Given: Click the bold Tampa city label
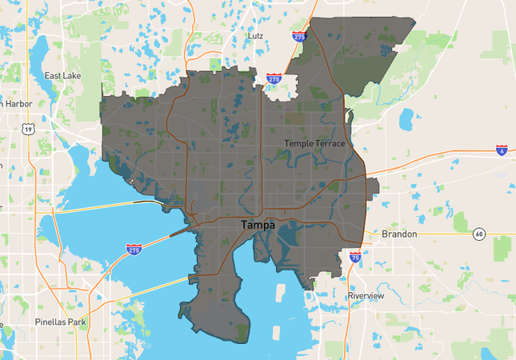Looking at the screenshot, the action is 258,226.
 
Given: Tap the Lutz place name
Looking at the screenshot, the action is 255,37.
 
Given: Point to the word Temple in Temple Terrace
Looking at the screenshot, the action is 300,143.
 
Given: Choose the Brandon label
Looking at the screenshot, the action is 399,234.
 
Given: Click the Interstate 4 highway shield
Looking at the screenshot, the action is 501,150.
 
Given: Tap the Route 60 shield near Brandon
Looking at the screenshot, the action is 478,234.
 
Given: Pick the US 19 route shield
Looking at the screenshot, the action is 29,128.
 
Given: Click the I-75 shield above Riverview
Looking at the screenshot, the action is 355,258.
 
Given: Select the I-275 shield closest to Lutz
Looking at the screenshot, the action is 298,37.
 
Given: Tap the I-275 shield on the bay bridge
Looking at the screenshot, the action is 134,250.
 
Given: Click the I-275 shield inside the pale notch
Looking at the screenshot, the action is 274,79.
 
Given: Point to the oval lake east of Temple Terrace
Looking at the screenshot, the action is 406,119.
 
